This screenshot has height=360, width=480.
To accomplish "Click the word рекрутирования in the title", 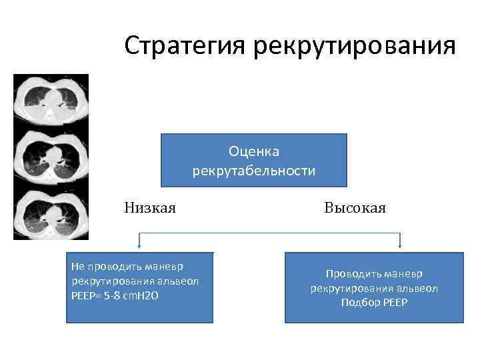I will (354, 46).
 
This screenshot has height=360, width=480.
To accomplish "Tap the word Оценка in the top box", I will (254, 153).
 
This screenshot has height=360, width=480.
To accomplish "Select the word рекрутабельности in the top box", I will (254, 171).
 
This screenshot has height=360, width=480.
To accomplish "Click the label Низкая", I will (149, 208).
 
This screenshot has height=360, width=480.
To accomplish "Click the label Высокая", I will (355, 208).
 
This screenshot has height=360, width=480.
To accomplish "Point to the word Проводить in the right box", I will (351, 274).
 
